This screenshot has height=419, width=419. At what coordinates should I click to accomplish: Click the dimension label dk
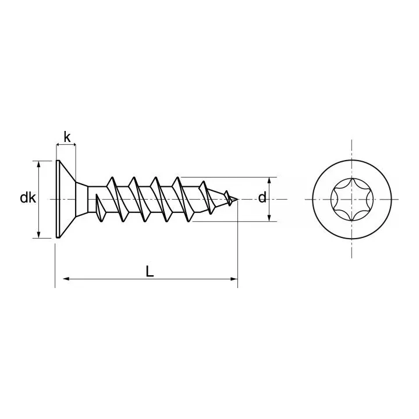point(28,198)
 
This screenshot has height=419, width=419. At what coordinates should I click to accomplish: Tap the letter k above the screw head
point(67,137)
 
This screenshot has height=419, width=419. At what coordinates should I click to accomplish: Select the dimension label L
point(150,271)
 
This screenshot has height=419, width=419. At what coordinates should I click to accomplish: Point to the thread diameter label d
point(262,197)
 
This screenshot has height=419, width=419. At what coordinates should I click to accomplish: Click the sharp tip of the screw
point(237,199)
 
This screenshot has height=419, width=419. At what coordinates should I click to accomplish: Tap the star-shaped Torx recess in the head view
point(351,200)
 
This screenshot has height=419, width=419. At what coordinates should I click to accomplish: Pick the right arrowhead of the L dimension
point(234,279)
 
